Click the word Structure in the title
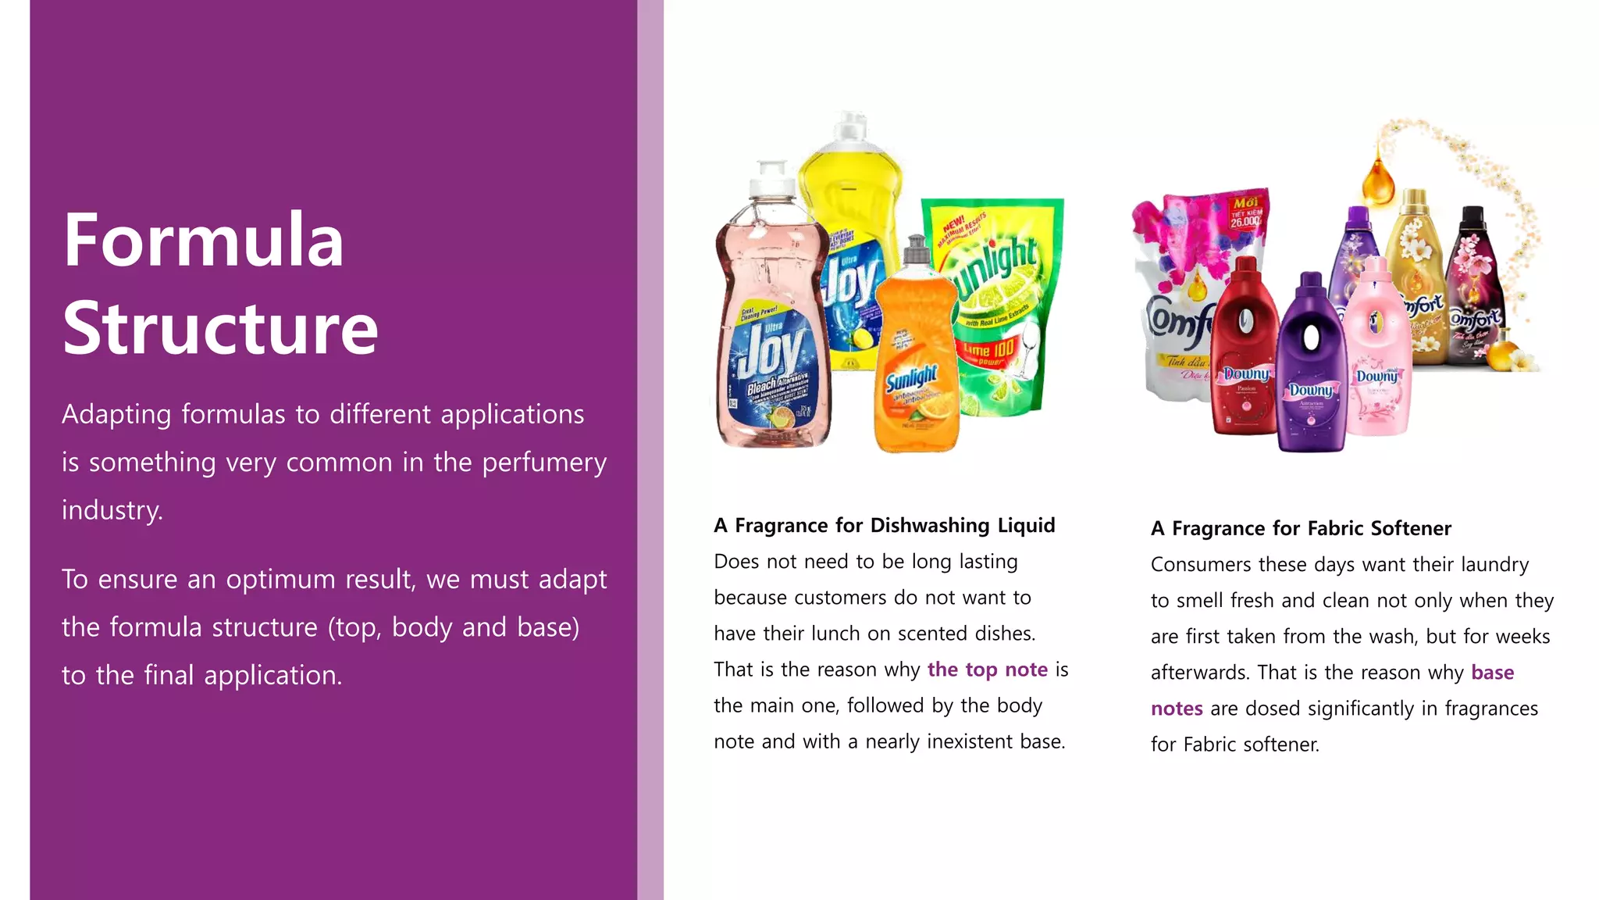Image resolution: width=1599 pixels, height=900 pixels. (x=220, y=329)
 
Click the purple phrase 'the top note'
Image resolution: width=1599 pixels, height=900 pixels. (x=987, y=670)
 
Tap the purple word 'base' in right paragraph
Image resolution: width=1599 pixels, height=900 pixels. (x=1492, y=673)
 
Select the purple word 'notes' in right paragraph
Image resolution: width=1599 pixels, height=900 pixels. (x=1176, y=709)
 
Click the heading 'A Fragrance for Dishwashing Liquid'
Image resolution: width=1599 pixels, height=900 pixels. (x=884, y=526)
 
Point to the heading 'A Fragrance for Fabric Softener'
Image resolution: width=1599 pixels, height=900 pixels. (x=1301, y=529)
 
